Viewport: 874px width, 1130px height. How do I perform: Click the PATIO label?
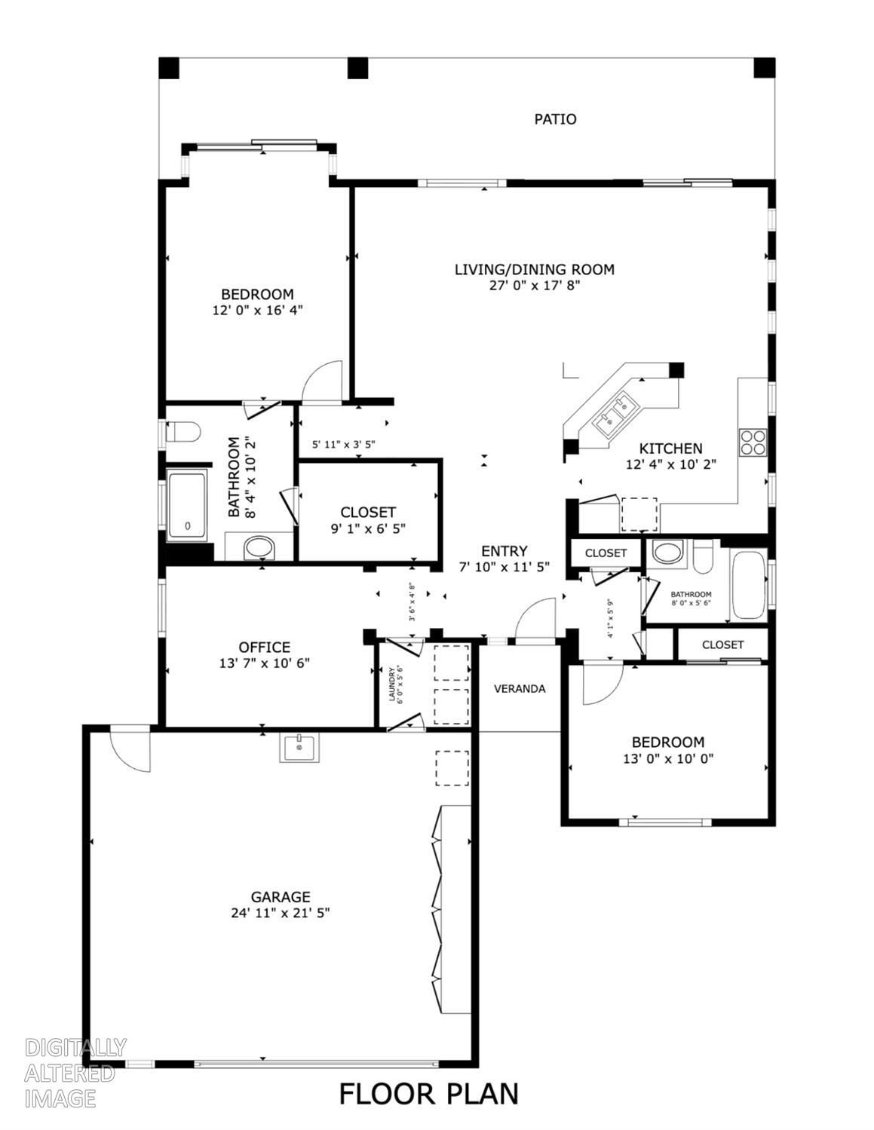tap(555, 119)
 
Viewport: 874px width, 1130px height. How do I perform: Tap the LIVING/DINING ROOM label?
tap(535, 269)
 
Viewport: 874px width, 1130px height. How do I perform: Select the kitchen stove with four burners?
tap(753, 442)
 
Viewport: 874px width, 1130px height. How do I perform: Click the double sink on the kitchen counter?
tap(615, 415)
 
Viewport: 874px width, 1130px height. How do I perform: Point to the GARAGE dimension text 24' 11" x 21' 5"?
tap(281, 913)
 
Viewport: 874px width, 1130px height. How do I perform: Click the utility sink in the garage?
tap(299, 747)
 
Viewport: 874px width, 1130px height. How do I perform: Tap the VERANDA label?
tap(520, 688)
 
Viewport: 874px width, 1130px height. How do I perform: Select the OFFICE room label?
tap(264, 647)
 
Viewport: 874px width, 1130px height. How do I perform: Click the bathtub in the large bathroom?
tap(187, 505)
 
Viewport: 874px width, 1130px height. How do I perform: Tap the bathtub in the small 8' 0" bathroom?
tap(749, 585)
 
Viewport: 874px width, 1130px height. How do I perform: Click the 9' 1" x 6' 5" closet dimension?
tap(368, 528)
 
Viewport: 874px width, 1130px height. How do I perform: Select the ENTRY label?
tap(504, 551)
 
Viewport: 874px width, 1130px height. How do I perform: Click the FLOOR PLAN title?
tap(429, 1093)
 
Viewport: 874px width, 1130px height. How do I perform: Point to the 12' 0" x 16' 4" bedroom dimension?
tap(257, 310)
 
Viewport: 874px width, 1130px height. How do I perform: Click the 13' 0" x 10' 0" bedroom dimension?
tap(668, 758)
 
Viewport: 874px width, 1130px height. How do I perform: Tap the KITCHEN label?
tap(670, 448)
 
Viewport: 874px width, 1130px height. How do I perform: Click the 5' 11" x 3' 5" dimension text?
tap(343, 444)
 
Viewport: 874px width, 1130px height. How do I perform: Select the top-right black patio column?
tap(764, 68)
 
